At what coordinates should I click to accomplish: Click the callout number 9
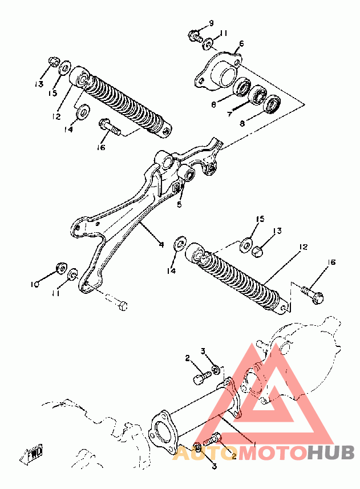coord(211,23)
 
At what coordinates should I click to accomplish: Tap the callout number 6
coord(241,44)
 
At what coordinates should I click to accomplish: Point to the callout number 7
coord(230,114)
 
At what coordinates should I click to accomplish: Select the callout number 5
coord(179,205)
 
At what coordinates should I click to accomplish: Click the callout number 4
coord(161,245)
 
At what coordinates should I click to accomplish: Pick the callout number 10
coord(35,284)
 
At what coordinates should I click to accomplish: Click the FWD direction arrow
coord(31,455)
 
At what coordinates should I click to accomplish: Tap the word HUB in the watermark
coord(331,452)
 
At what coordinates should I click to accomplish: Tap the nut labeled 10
coord(61,267)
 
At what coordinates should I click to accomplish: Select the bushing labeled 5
coord(188,172)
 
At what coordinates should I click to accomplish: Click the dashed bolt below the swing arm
coord(117,302)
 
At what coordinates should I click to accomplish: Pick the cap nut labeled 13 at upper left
coord(53,62)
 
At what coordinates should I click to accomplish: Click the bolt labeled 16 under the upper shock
coord(110,127)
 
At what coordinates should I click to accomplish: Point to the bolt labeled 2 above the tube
coord(201,377)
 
